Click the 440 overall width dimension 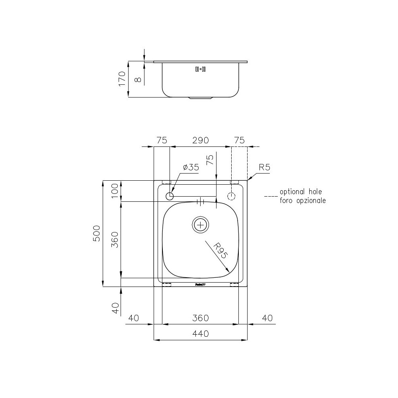pos(201,334)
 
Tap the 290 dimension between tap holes pos(201,140)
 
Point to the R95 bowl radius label pos(219,251)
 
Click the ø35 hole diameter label pos(191,168)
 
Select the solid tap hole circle pos(170,196)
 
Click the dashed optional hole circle pos(232,196)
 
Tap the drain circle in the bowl pos(201,225)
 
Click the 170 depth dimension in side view pos(122,79)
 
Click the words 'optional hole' pos(302,192)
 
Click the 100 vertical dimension pos(115,191)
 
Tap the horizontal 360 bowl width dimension pos(201,318)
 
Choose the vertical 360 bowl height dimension pos(115,239)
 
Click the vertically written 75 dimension pos(210,160)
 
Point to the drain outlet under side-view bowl pos(201,98)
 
